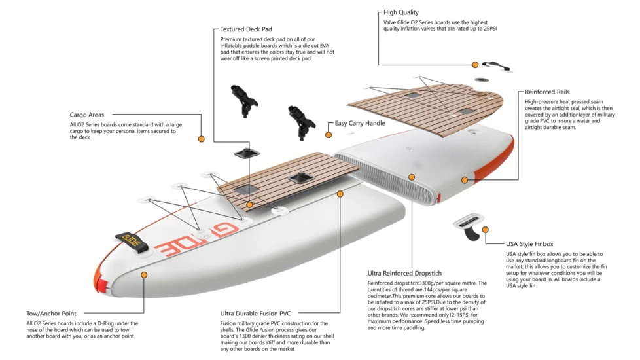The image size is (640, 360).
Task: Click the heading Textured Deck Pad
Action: coord(246,29)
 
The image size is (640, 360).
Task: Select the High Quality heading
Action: coord(400,12)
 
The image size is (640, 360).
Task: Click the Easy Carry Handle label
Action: coord(360,123)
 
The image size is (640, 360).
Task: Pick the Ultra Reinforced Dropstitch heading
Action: coord(404,273)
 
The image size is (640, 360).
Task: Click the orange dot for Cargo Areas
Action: coord(202,139)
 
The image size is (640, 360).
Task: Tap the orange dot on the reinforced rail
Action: coord(464,180)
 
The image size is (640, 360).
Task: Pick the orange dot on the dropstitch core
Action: coord(412,177)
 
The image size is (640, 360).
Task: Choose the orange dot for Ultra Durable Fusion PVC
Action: coord(340,194)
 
